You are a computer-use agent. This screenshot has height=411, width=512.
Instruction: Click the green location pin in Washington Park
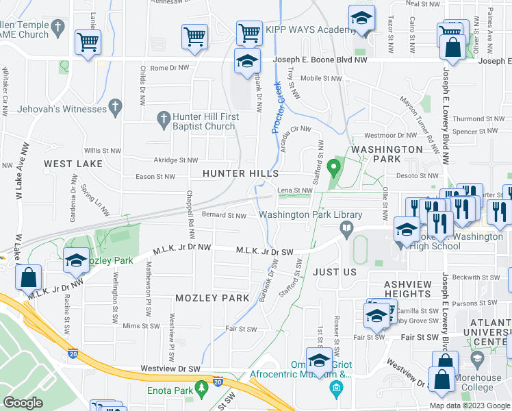[x=334, y=167]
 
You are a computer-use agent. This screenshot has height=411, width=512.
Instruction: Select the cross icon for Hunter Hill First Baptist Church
[x=163, y=120]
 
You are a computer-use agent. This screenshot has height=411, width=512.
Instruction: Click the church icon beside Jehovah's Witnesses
[x=115, y=108]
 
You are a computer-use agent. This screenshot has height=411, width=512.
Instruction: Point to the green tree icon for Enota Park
[x=201, y=389]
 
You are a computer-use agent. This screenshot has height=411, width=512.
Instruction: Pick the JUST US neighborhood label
[x=335, y=271]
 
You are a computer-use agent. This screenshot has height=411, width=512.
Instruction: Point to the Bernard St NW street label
[x=224, y=216]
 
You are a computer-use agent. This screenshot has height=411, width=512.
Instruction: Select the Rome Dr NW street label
[x=169, y=68]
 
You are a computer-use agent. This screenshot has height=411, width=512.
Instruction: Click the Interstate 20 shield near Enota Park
[x=218, y=380]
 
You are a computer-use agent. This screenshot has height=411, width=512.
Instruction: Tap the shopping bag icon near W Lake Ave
[x=28, y=278]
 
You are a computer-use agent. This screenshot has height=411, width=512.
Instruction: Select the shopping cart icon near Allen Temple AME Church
[x=88, y=42]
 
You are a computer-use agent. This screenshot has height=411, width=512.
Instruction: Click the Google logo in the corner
[x=23, y=403]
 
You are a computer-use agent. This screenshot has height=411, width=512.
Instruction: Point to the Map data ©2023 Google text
[x=470, y=406]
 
